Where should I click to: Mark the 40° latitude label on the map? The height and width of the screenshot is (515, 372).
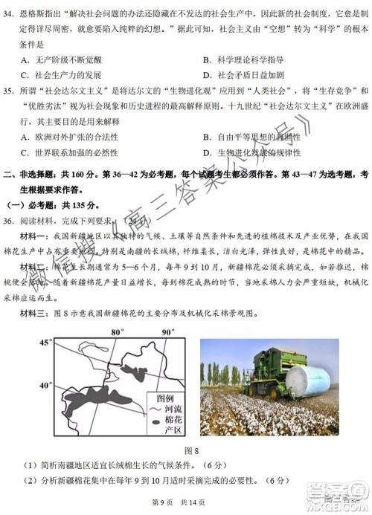coord(44,386)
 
